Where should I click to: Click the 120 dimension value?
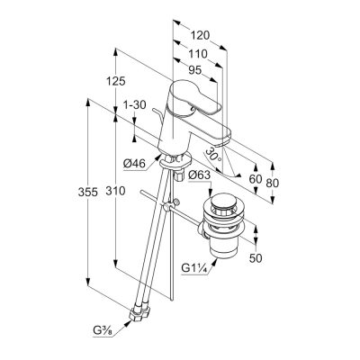click(201, 36)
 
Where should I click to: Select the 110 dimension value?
click(198, 54)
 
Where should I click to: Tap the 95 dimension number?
click(194, 70)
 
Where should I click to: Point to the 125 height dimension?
click(116, 81)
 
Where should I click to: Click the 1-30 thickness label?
click(135, 104)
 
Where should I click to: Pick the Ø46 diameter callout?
click(134, 164)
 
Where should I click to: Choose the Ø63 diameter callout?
click(200, 175)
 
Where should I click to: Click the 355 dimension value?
click(88, 192)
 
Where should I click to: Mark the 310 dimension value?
click(115, 191)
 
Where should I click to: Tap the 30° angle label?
click(214, 155)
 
